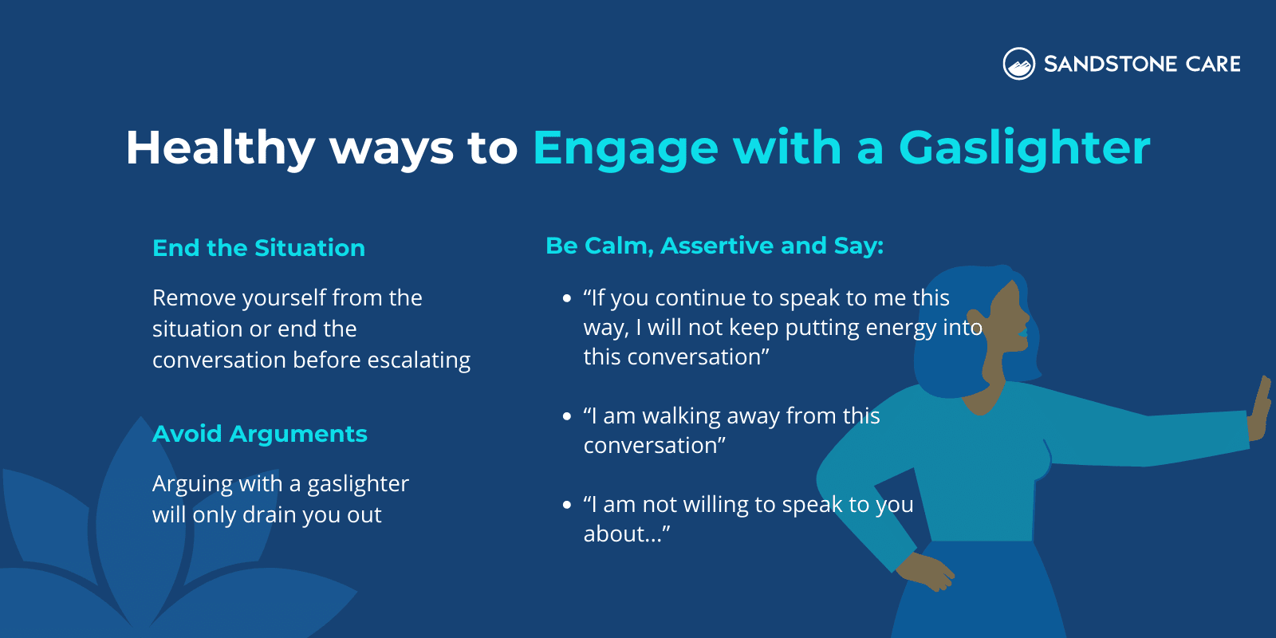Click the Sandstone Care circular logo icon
click(x=1018, y=64)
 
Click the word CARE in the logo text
click(x=1213, y=64)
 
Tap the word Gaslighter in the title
click(x=1024, y=148)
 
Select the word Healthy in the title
click(x=220, y=148)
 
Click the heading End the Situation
click(x=258, y=248)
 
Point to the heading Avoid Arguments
click(x=259, y=434)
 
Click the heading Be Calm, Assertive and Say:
click(x=714, y=246)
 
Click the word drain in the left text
click(x=269, y=515)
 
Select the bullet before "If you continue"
click(x=567, y=299)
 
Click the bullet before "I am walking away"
click(x=567, y=416)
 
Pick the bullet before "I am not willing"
click(x=567, y=505)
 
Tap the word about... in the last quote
click(x=626, y=534)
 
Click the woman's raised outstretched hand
click(x=1260, y=411)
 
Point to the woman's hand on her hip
click(x=925, y=571)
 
